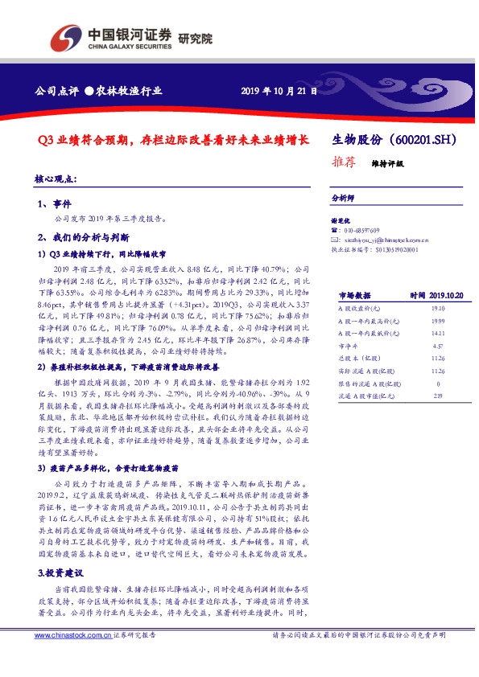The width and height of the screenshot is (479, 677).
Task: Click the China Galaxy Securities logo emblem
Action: click(x=65, y=37)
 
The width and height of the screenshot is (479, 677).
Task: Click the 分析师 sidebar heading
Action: click(x=343, y=197)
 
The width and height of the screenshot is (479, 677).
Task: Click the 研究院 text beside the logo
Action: click(x=195, y=38)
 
